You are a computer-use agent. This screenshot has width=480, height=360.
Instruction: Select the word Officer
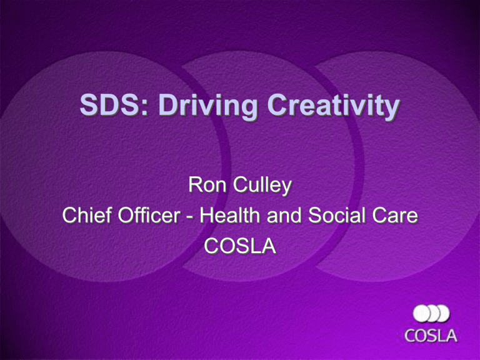[x=149, y=214]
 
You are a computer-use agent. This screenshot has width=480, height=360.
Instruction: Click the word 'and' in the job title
[x=284, y=214]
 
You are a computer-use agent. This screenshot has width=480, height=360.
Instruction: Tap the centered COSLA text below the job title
[x=240, y=246]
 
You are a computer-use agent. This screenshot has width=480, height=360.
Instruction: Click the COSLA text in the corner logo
[x=431, y=336]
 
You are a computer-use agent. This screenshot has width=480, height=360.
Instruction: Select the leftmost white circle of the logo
[x=421, y=314]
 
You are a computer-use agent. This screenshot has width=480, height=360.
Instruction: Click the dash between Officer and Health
[x=190, y=216]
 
